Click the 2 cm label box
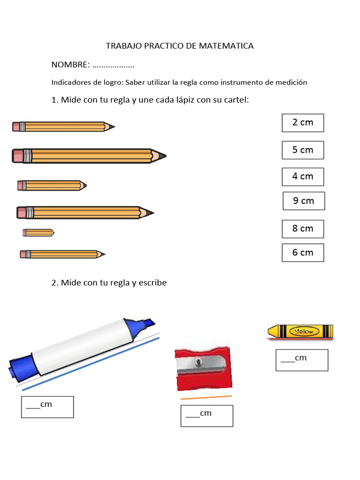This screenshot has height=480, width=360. point(303,123)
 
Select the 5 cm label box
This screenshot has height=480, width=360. point(303,150)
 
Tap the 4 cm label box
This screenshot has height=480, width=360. point(303,177)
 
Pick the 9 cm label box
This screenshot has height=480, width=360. point(304,201)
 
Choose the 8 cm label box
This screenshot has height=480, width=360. point(303,229)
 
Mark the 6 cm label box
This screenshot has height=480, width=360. point(303,253)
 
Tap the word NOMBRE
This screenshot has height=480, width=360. point(70,64)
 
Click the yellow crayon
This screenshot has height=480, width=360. point(300,331)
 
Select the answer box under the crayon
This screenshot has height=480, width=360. point(301,360)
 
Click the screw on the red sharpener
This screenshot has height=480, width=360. point(199,361)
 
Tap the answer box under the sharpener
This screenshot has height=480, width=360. point(207,416)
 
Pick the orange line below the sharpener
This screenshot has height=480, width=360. point(206,397)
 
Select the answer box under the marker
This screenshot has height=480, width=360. point(47,407)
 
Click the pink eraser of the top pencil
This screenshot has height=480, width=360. point(17,127)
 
